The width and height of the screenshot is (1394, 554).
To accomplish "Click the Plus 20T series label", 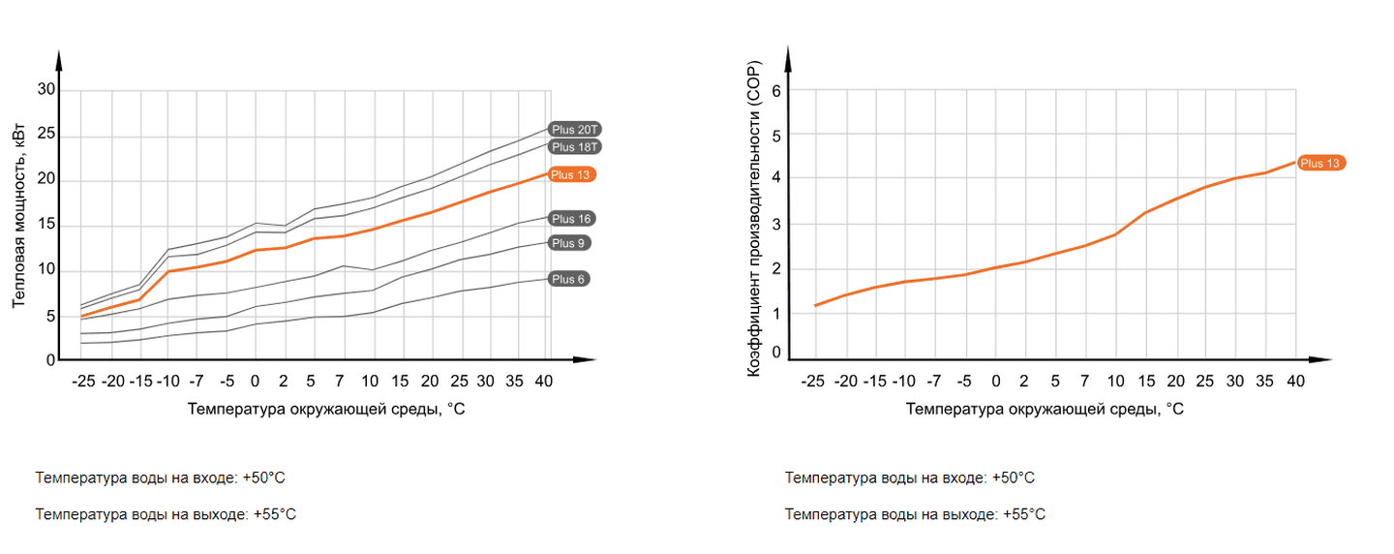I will point(576,129).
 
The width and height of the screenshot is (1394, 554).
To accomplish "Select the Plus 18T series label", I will point(576,146).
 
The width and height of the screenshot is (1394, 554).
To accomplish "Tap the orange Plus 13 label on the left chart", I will point(571,174).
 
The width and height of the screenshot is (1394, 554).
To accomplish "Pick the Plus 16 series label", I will point(571,219).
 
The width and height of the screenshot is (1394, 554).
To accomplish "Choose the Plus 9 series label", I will point(569,243).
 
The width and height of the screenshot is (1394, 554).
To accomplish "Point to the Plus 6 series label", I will point(569,279).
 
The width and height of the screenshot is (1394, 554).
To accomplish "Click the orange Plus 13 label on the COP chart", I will point(1320,164).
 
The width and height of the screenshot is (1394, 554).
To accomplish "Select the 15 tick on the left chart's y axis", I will point(46,226).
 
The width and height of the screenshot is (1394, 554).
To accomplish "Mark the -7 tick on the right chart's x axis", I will point(936,382).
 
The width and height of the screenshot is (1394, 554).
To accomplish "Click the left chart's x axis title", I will point(326,409).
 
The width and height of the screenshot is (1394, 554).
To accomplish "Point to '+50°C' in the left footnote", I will point(263,478).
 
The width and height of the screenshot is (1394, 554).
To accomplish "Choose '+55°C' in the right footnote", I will point(1024,514).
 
